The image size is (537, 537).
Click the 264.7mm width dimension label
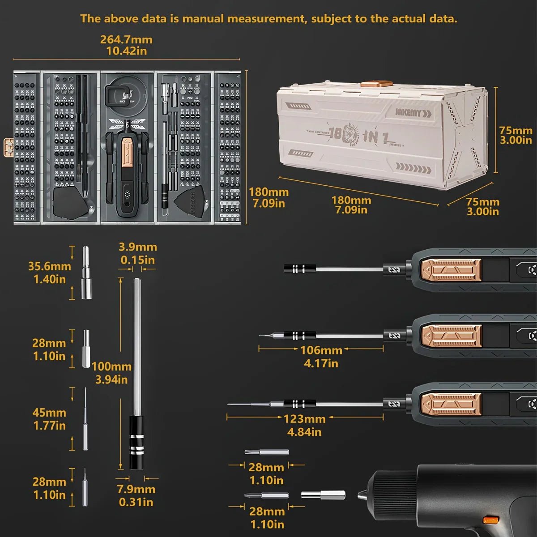click(x=126, y=39)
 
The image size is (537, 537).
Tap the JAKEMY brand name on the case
click(x=408, y=112)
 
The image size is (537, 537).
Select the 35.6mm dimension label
click(x=49, y=267)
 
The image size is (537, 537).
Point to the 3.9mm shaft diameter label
click(x=137, y=247)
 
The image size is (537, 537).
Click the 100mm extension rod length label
click(x=111, y=367)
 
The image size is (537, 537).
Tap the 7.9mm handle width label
click(x=136, y=490)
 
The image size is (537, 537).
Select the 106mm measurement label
click(x=321, y=350)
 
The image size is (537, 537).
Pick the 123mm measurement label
click(x=304, y=419)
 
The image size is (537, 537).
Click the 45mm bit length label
click(x=49, y=413)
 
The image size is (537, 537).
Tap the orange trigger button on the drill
click(x=491, y=520)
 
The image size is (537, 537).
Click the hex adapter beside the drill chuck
click(x=323, y=494)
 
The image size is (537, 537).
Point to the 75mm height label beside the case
click(x=516, y=131)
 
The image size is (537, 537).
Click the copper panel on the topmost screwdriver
click(x=450, y=269)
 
